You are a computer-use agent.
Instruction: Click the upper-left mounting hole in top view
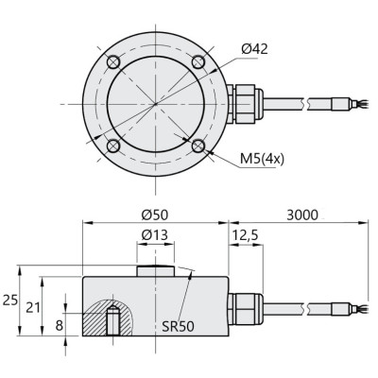point(113,62)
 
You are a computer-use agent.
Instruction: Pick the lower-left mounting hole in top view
point(113,146)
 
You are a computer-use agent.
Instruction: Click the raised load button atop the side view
point(155,271)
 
